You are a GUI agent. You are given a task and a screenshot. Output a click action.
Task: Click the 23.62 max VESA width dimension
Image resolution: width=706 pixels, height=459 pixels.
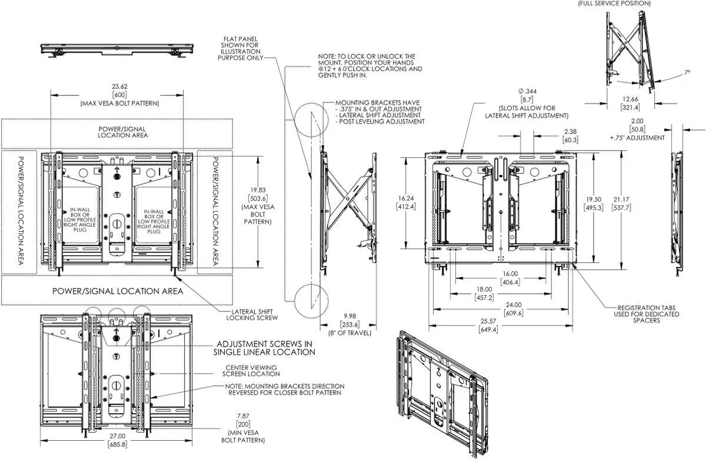click(120, 87)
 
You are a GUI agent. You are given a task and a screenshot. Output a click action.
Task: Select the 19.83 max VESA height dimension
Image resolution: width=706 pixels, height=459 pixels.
click(258, 190)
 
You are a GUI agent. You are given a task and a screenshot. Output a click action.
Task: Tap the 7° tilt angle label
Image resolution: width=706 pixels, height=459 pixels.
click(687, 72)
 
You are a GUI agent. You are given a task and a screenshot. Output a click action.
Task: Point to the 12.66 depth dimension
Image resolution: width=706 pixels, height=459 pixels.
click(630, 99)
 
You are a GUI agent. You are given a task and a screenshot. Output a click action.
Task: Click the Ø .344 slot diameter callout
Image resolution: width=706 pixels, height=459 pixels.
click(527, 91)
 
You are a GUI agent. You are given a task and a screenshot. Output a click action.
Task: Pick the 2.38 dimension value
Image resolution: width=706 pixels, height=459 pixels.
click(571, 131)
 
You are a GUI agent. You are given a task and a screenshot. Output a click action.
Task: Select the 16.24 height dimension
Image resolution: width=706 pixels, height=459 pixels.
click(406, 198)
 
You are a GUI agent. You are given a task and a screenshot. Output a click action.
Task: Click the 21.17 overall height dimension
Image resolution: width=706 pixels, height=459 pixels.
click(621, 199)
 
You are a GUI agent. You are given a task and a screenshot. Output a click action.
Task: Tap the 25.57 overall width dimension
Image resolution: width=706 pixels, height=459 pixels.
click(488, 321)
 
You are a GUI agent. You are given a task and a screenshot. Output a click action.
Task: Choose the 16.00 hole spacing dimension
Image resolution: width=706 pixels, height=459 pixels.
click(510, 274)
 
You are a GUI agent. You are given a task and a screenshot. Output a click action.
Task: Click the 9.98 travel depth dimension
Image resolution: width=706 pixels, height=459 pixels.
click(350, 316)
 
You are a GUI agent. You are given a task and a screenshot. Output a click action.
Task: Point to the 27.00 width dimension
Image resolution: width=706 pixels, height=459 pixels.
click(117, 436)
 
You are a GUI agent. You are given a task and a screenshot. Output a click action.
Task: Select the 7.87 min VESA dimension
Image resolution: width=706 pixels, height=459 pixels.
click(244, 416)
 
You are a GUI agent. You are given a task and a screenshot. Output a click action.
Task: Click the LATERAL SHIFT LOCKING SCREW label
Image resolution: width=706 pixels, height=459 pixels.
click(252, 315)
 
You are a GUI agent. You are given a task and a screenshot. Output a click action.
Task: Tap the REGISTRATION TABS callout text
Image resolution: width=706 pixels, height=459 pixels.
click(647, 314)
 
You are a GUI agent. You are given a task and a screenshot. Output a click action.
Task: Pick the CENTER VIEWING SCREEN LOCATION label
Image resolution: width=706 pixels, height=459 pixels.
click(251, 371)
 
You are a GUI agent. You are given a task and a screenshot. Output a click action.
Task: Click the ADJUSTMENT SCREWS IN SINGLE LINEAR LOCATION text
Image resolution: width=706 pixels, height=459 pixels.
click(264, 348)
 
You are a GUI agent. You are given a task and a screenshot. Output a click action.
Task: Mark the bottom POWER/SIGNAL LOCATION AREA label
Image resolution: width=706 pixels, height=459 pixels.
click(118, 291)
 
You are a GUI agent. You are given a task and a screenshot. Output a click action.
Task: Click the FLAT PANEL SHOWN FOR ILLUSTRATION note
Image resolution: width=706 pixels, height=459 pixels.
click(241, 48)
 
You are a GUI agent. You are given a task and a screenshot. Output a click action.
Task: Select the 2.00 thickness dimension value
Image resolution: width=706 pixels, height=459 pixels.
click(637, 121)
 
